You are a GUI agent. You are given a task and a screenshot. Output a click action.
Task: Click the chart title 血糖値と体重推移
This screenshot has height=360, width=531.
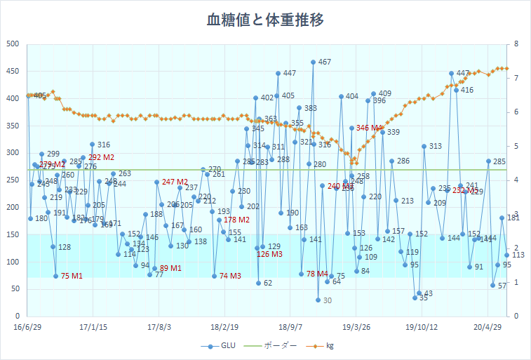pyautogui.click(x=265, y=20)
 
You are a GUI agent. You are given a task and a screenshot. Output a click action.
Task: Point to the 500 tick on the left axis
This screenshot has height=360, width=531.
pyautogui.click(x=13, y=44)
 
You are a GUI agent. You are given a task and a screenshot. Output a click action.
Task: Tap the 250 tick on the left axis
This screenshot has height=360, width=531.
pyautogui.click(x=13, y=180)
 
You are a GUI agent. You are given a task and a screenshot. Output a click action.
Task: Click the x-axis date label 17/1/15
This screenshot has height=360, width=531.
pyautogui.click(x=93, y=326)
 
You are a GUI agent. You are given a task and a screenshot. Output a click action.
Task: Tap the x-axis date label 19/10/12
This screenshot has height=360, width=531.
pyautogui.click(x=422, y=326)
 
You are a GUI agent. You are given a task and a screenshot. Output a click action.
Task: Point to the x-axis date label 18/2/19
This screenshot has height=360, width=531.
pyautogui.click(x=224, y=326)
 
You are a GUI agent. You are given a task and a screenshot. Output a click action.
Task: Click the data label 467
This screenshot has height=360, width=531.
pyautogui.click(x=324, y=62)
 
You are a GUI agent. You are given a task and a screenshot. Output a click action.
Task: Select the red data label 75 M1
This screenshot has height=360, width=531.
pyautogui.click(x=72, y=276)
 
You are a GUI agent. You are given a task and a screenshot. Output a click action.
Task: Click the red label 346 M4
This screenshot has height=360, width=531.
pyautogui.click(x=370, y=128)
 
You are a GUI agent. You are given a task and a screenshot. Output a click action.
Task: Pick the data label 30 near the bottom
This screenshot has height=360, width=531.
pyautogui.click(x=327, y=301)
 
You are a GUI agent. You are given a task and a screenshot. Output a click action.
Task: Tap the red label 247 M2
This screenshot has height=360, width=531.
pyautogui.click(x=176, y=182)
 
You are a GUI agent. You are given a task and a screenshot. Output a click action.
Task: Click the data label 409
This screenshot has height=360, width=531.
pyautogui.click(x=384, y=94)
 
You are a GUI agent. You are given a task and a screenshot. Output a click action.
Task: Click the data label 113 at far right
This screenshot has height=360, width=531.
pyautogui.click(x=518, y=255)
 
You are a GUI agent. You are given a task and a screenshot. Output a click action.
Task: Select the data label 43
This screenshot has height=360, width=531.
pyautogui.click(x=428, y=294)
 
